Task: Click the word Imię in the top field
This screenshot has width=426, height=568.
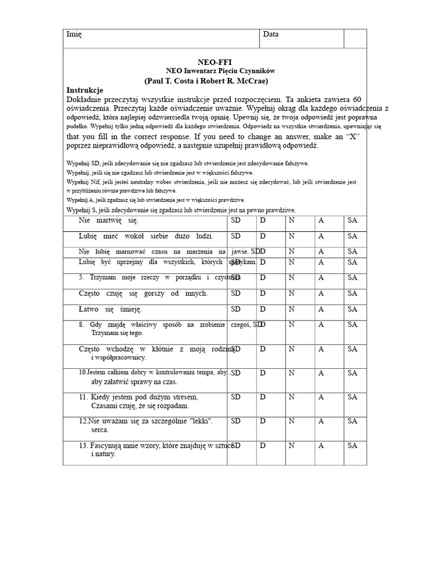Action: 74,34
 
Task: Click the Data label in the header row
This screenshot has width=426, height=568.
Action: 271,34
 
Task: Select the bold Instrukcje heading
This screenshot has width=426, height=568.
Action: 85,90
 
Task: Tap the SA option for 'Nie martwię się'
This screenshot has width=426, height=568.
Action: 352,221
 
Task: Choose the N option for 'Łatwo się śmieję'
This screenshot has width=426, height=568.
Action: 291,309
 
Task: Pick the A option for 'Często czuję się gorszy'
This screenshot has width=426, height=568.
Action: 321,293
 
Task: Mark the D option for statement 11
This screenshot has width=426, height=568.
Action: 263,397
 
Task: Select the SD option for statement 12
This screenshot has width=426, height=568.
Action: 236,421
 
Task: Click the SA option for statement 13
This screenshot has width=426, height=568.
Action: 352,445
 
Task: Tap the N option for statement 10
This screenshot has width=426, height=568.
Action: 291,373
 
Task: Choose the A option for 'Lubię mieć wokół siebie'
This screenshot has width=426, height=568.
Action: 321,236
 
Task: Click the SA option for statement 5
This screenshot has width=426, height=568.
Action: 352,277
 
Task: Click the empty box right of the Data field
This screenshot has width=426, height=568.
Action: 355,38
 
